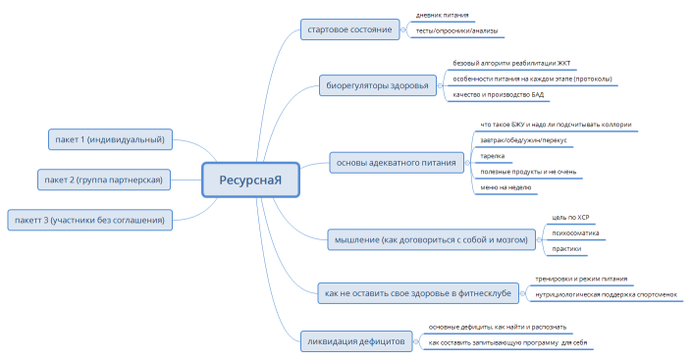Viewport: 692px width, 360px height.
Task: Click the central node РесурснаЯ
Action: pyautogui.click(x=249, y=180)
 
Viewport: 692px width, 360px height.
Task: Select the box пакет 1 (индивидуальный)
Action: pyautogui.click(x=108, y=139)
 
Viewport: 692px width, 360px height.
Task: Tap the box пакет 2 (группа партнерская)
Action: pyautogui.click(x=103, y=179)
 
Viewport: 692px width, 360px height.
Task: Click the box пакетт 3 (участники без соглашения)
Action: pyautogui.click(x=89, y=219)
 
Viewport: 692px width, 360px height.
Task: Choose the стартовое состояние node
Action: pyautogui.click(x=349, y=29)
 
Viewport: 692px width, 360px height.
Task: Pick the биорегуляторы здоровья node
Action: pyautogui.click(x=377, y=85)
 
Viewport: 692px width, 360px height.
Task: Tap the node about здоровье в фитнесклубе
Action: pyautogui.click(x=415, y=292)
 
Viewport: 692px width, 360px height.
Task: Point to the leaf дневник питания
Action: pyautogui.click(x=442, y=16)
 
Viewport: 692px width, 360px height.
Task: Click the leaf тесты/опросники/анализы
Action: pyautogui.click(x=456, y=31)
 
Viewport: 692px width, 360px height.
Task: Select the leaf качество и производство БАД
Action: pyautogui.click(x=498, y=95)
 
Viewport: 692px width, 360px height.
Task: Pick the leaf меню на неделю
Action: pyautogui.click(x=506, y=186)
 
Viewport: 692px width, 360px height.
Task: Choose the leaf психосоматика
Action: pyautogui.click(x=576, y=233)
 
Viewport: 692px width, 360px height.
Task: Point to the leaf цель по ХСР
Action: pyautogui.click(x=570, y=217)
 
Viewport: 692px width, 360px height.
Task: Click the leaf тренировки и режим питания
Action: pyautogui.click(x=580, y=279)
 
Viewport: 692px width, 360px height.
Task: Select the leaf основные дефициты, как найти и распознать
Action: pyautogui.click(x=497, y=327)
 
